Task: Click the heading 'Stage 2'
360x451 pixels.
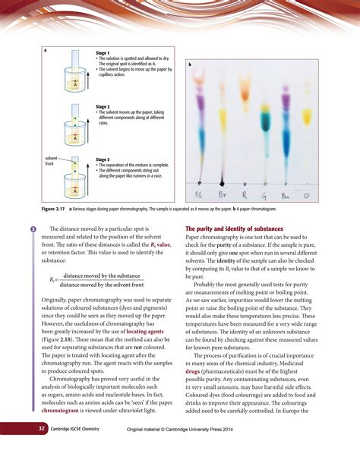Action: [x=103, y=107]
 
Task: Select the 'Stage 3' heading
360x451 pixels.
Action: [x=103, y=159]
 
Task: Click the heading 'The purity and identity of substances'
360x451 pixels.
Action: [x=234, y=229]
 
